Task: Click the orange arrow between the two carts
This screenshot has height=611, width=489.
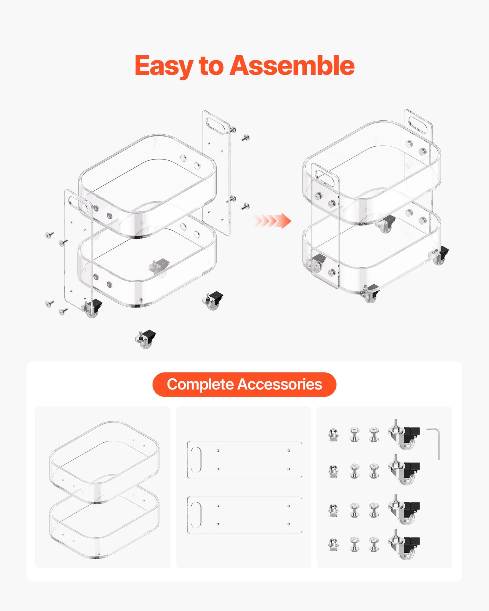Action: pos(272,221)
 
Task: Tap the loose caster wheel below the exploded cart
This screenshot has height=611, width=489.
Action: pos(146,339)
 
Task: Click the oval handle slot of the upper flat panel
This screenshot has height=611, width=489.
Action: pos(196,459)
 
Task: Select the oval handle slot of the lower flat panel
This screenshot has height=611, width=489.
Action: pos(196,515)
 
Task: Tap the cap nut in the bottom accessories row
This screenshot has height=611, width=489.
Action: pos(333,544)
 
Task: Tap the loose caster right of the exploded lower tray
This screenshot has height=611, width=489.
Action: pos(213,301)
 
